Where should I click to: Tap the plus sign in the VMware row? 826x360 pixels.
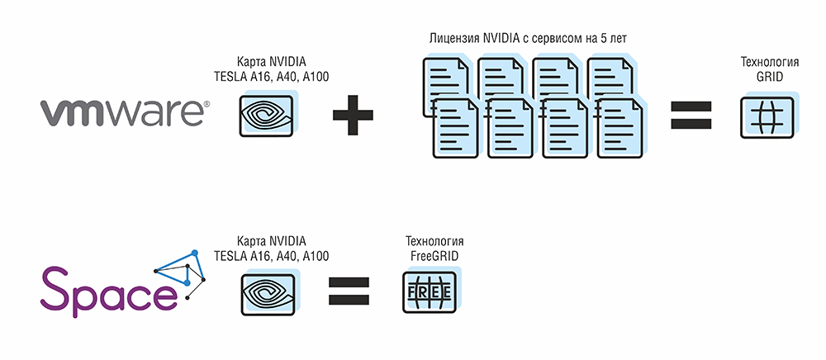coord(353,115)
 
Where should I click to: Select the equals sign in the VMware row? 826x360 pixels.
coord(691,115)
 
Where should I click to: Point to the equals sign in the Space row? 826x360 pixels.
coord(349,291)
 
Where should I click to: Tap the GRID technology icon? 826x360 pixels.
coord(770,116)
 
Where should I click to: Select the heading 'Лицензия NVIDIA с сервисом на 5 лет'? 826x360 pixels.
coord(528,39)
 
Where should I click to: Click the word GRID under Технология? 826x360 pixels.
coord(770,76)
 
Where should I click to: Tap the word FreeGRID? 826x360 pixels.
coord(434,256)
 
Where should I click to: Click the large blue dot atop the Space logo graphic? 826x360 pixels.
coord(194,253)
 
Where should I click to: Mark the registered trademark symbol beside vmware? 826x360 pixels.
coord(206,104)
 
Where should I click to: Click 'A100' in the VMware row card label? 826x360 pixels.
coord(316,77)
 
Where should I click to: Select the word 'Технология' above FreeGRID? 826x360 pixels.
coord(434,242)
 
